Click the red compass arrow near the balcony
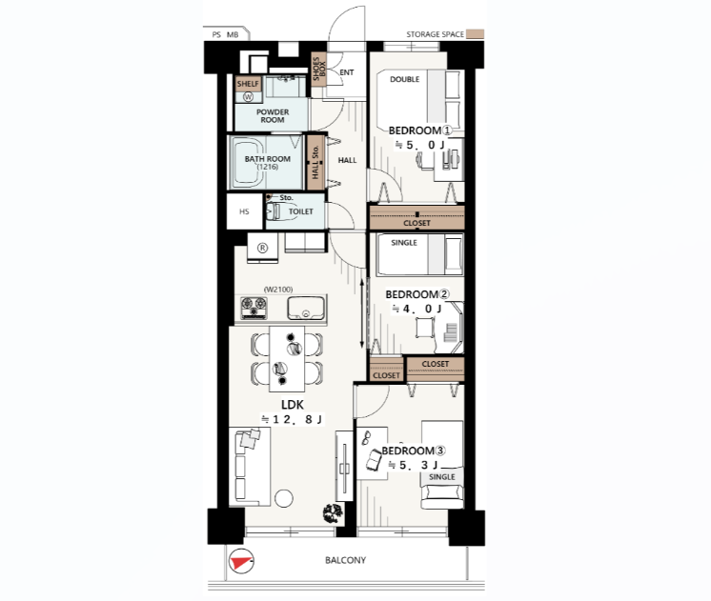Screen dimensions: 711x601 (x=240, y=563)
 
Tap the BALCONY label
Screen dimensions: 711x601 (x=346, y=560)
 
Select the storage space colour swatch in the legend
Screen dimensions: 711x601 (x=476, y=34)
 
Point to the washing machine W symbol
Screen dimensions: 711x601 (x=248, y=96)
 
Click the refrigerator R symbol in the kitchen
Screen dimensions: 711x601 (x=262, y=248)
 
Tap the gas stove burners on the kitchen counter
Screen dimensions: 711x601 (x=254, y=308)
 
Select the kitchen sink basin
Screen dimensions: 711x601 (x=306, y=309)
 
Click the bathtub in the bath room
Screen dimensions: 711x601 (x=248, y=163)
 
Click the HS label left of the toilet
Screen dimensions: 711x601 (x=244, y=211)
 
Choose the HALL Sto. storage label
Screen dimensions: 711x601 (x=315, y=162)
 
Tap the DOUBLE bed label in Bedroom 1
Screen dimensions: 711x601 (x=404, y=79)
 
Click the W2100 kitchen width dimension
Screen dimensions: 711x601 (x=278, y=290)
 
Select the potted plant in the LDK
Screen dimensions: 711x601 (x=333, y=513)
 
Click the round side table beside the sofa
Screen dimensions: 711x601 (x=284, y=498)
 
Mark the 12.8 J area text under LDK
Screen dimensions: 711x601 (x=292, y=419)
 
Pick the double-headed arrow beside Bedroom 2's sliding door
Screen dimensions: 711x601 (x=362, y=313)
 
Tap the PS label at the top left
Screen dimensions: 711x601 (x=216, y=34)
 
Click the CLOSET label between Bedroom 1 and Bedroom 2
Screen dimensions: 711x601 (x=416, y=223)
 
